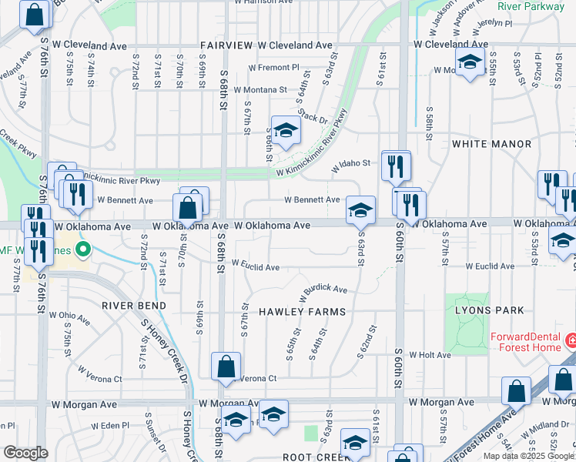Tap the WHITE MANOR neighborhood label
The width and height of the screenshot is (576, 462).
pos(492,144)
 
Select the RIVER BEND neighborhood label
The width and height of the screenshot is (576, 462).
pos(130,305)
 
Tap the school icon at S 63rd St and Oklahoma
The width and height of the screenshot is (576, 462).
pos(360,210)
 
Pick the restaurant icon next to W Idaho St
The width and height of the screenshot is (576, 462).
pos(396,165)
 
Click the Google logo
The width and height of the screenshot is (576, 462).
pos(25,453)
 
